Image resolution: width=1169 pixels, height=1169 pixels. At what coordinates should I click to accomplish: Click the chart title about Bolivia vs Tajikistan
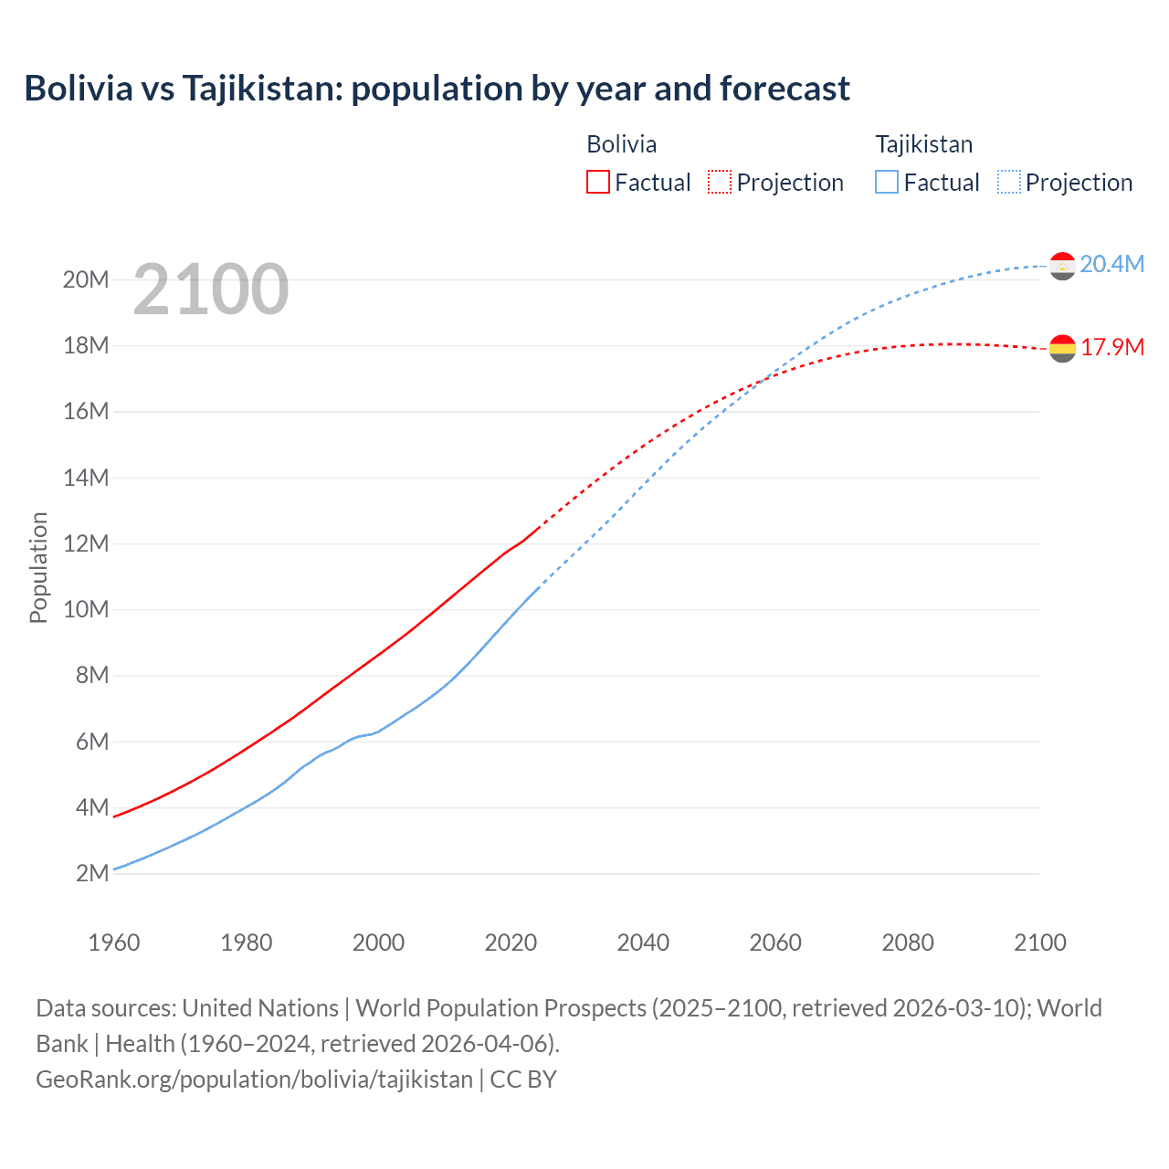point(437,89)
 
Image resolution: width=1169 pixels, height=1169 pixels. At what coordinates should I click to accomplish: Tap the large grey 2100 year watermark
point(211,290)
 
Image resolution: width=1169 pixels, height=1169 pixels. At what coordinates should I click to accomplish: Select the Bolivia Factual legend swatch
point(597,182)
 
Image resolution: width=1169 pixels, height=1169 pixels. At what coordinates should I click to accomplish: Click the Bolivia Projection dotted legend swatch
point(720,182)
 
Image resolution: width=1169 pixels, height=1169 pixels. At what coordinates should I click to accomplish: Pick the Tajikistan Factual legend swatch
point(887,182)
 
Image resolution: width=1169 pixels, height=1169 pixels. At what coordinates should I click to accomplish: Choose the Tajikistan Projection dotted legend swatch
point(1009,182)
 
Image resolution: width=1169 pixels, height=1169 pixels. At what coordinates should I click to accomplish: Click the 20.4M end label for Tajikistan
point(1111,264)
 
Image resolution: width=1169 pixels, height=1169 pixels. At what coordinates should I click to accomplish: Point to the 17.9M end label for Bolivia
point(1111,347)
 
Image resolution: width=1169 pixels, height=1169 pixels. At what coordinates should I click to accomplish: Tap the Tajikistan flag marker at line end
point(1062,266)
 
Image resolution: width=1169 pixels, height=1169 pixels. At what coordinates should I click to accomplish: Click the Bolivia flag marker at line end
point(1062,348)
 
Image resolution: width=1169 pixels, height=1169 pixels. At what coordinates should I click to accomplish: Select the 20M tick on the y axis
point(86,279)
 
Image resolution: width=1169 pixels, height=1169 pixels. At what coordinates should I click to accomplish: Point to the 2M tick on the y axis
point(92,873)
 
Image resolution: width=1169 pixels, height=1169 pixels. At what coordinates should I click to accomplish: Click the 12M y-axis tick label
point(86,543)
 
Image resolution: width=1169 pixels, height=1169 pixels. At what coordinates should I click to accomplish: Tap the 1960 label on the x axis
point(114,943)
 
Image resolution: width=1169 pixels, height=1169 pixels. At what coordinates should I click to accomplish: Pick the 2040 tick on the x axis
point(643,943)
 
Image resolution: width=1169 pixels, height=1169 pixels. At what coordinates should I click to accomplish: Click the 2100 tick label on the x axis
point(1039,943)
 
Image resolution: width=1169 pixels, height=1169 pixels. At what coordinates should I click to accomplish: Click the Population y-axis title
point(38,567)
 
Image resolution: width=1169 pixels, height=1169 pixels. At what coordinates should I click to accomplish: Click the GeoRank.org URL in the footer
point(254,1079)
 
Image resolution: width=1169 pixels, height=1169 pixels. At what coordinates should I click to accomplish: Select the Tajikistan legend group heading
point(923,144)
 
